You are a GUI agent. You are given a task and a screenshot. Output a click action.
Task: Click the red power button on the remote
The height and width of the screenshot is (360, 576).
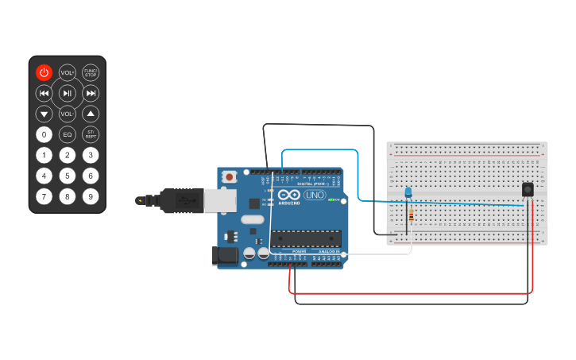tap(44, 72)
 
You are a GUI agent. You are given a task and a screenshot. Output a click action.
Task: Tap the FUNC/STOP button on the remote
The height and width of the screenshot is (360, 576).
tap(91, 72)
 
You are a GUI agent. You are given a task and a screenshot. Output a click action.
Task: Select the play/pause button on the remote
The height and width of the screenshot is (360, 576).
tap(68, 94)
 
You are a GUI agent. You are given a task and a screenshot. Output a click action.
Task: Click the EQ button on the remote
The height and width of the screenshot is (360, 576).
tap(68, 134)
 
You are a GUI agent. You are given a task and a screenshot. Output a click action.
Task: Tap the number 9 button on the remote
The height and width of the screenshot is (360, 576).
tap(91, 196)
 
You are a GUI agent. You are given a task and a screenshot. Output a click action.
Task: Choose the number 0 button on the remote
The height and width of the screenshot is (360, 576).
tap(44, 134)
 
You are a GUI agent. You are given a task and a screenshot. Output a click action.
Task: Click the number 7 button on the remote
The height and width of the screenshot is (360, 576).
tap(44, 196)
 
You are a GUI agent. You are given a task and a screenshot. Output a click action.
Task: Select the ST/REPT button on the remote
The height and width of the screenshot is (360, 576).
tap(91, 134)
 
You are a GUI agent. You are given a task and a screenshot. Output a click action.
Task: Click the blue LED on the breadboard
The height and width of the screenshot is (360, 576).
tap(408, 192)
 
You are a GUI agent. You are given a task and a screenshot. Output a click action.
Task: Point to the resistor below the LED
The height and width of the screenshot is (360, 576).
tap(411, 216)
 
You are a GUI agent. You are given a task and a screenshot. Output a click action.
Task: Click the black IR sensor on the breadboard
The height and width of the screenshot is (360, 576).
tap(528, 190)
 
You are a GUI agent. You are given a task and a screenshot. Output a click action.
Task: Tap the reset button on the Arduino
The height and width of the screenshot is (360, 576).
tap(230, 176)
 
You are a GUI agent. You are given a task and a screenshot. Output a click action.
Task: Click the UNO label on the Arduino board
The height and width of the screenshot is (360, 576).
tap(315, 195)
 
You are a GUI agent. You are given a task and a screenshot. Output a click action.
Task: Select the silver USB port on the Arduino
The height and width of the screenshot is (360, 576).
tap(220, 200)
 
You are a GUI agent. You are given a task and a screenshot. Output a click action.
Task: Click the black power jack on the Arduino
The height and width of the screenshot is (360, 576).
tap(226, 256)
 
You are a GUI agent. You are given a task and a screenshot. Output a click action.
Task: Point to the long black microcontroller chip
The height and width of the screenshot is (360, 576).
tap(307, 238)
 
